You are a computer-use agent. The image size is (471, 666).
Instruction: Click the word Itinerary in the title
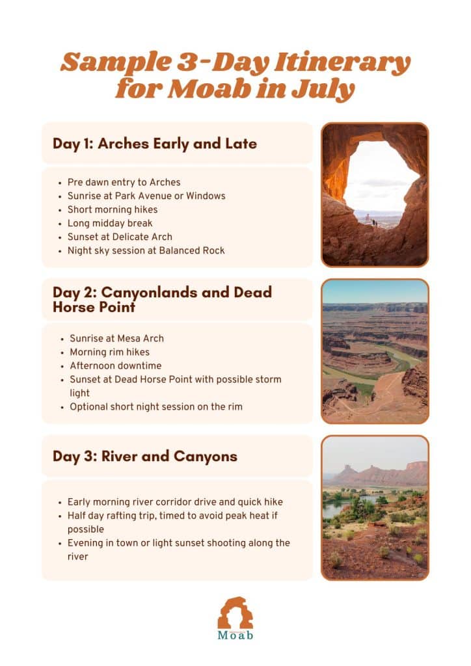(338, 63)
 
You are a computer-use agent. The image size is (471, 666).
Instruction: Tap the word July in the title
(325, 88)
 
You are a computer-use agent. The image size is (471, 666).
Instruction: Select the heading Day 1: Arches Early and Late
(155, 143)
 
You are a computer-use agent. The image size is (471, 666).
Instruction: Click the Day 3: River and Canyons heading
(145, 456)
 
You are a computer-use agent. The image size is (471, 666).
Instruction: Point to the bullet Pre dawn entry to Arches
(124, 182)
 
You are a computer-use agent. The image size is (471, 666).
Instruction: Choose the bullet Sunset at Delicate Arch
(120, 237)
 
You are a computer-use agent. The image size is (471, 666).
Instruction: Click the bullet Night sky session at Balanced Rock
(146, 250)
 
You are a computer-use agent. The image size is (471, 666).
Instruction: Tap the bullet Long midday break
(110, 223)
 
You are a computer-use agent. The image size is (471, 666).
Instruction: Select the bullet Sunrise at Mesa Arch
(116, 338)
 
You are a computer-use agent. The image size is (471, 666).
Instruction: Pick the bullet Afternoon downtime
(115, 366)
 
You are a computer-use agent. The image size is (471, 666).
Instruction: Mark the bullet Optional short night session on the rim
(156, 406)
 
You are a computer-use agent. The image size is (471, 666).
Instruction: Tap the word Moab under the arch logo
(235, 635)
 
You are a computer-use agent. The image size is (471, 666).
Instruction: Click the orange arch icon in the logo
(235, 612)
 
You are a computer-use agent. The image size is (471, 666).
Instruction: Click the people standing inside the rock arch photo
(374, 223)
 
